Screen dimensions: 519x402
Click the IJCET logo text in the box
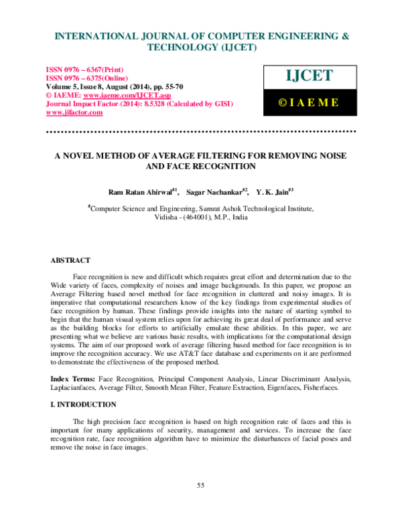(308, 76)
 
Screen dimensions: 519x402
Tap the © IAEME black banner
(308, 102)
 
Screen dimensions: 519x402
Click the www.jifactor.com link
(74, 112)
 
